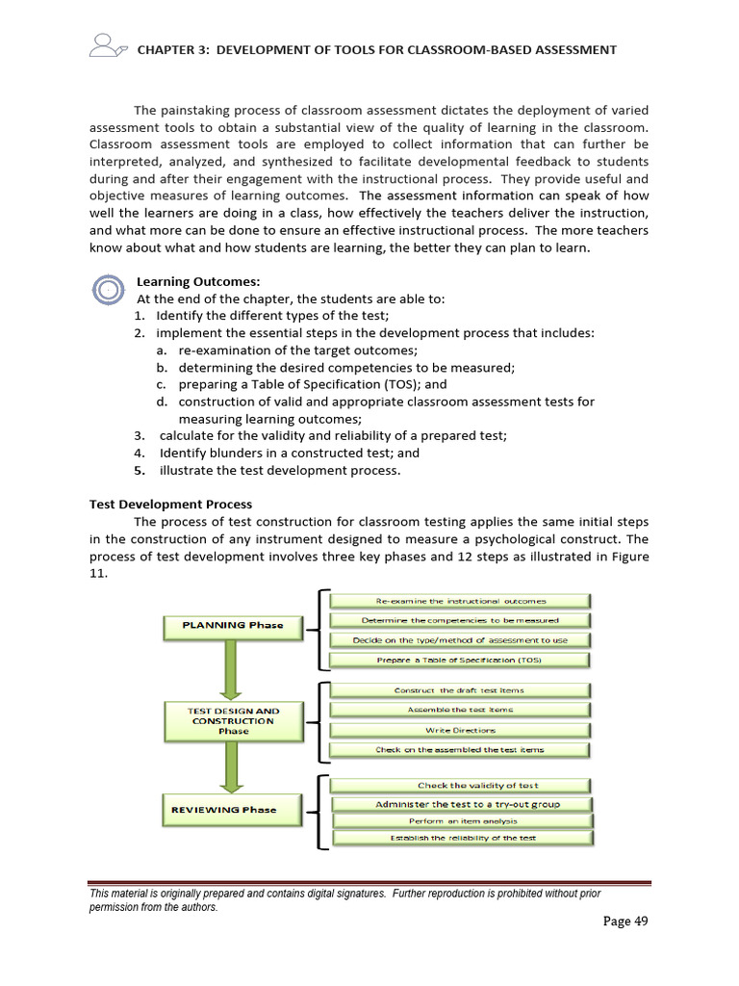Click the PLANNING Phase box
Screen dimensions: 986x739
click(x=233, y=625)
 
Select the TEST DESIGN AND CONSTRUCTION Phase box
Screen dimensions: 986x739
click(x=233, y=720)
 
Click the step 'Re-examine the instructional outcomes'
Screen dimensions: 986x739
click(x=461, y=601)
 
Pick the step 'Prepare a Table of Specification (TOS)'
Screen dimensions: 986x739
click(x=461, y=660)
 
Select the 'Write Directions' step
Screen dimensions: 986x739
click(x=461, y=730)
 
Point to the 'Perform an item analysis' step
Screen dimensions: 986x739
click(x=463, y=821)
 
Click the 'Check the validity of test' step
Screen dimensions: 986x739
click(x=463, y=785)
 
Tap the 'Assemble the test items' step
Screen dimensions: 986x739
click(x=461, y=710)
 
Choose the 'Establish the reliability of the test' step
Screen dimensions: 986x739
click(x=463, y=839)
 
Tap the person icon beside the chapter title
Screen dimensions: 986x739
click(x=105, y=45)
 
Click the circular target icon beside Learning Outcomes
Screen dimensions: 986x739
click(x=109, y=289)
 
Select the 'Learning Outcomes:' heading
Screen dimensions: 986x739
click(x=198, y=281)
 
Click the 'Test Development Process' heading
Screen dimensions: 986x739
click(x=170, y=504)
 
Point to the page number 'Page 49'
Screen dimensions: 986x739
click(x=625, y=921)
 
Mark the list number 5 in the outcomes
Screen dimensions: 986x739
click(x=140, y=471)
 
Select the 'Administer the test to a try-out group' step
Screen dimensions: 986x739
click(x=463, y=804)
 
